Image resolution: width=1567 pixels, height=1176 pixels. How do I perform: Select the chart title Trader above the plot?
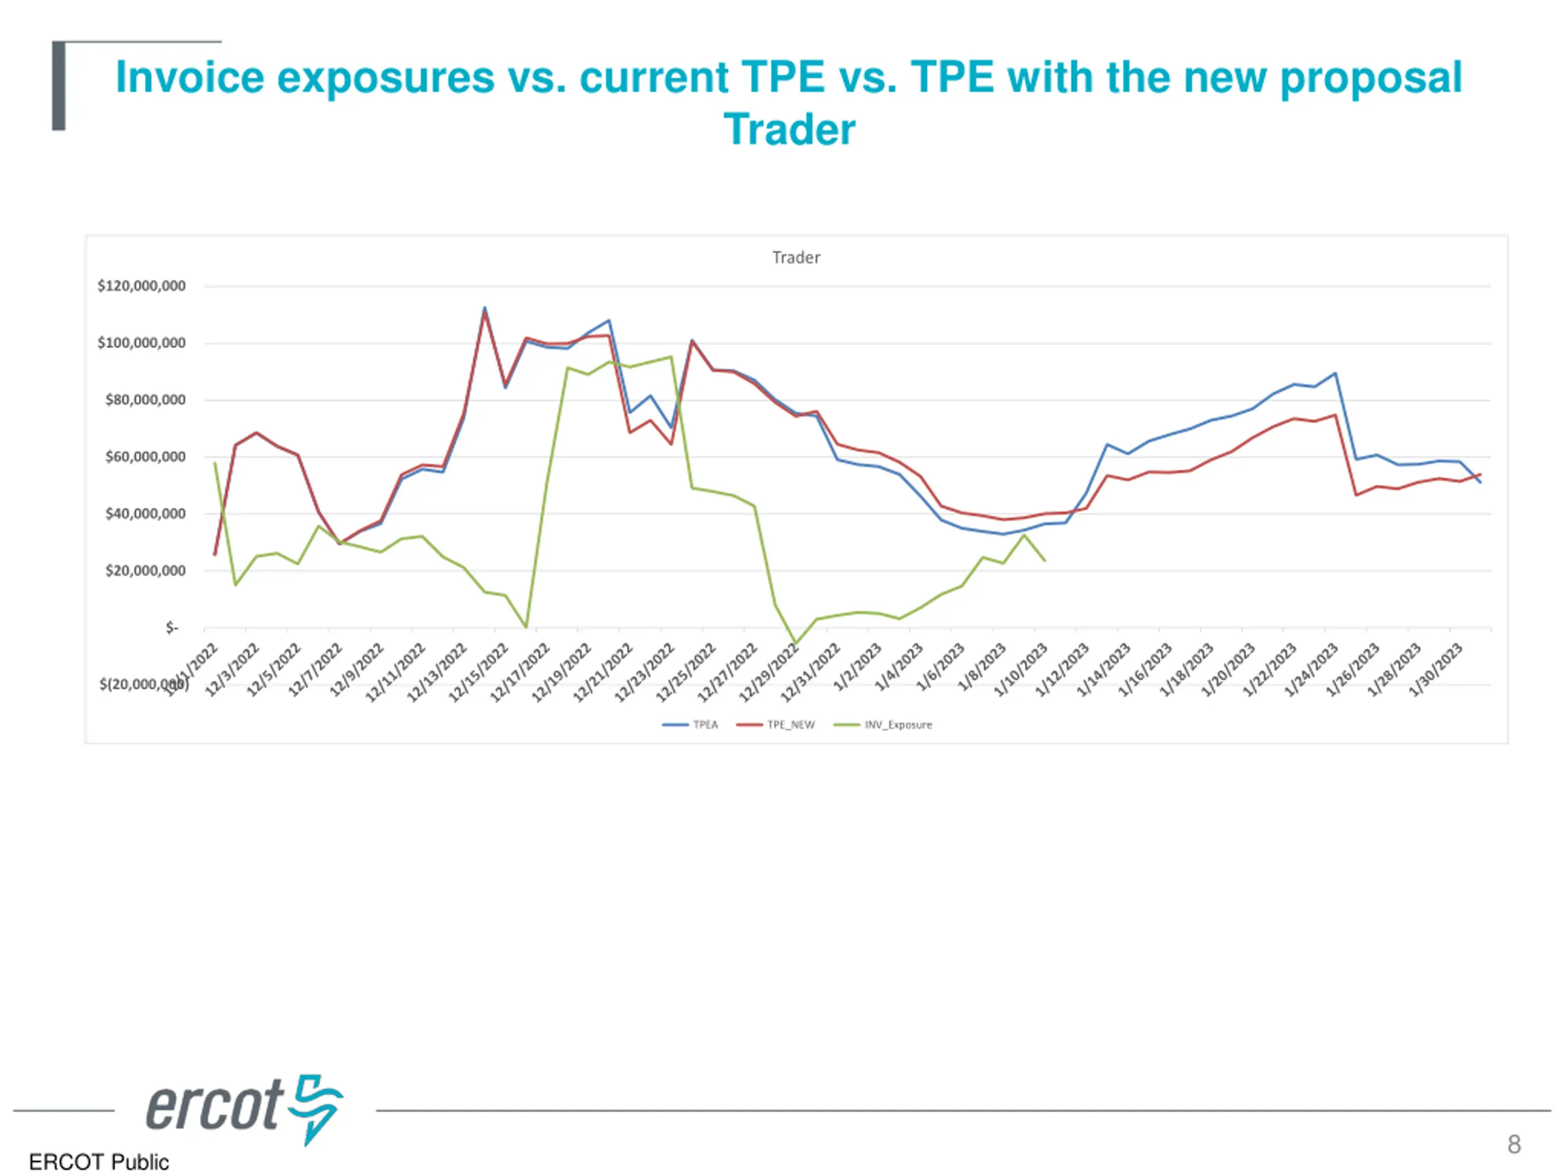point(796,257)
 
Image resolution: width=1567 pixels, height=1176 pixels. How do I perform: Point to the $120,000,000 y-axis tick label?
point(141,285)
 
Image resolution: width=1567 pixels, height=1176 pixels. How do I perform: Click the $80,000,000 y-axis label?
point(145,400)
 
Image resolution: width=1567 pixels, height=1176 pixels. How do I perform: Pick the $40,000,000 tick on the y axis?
point(145,513)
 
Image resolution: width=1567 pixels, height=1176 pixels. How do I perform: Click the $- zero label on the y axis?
point(172,627)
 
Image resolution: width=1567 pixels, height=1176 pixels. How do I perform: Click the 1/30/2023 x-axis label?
point(1436,669)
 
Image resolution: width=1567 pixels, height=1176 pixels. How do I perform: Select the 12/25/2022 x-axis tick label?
point(687,671)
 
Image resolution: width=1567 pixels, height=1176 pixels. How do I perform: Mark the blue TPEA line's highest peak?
point(485,307)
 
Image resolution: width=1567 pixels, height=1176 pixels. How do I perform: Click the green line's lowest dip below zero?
point(796,644)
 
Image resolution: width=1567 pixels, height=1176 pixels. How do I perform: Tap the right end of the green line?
point(1045,560)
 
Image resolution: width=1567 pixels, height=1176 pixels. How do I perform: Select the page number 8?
point(1514,1144)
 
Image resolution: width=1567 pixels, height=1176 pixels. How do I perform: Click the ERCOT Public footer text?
point(99,1162)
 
